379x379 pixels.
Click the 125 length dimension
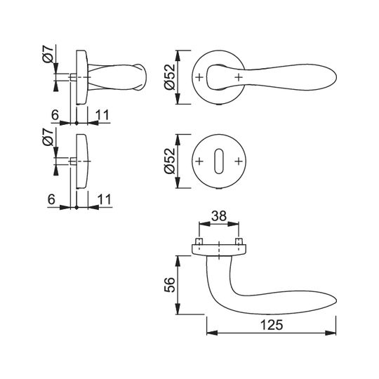pos(271,325)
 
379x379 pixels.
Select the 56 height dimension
pos(170,285)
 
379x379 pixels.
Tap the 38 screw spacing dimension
pos(219,216)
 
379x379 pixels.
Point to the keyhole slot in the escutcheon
pos(219,161)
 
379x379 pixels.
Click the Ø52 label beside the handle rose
pos(169,77)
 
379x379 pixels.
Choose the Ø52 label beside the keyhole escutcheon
pos(169,161)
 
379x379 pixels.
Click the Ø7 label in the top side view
pos(48,54)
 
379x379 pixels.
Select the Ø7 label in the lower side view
pos(48,138)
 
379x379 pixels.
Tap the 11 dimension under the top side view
pos(102,115)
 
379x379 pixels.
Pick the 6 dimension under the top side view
pos(55,115)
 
